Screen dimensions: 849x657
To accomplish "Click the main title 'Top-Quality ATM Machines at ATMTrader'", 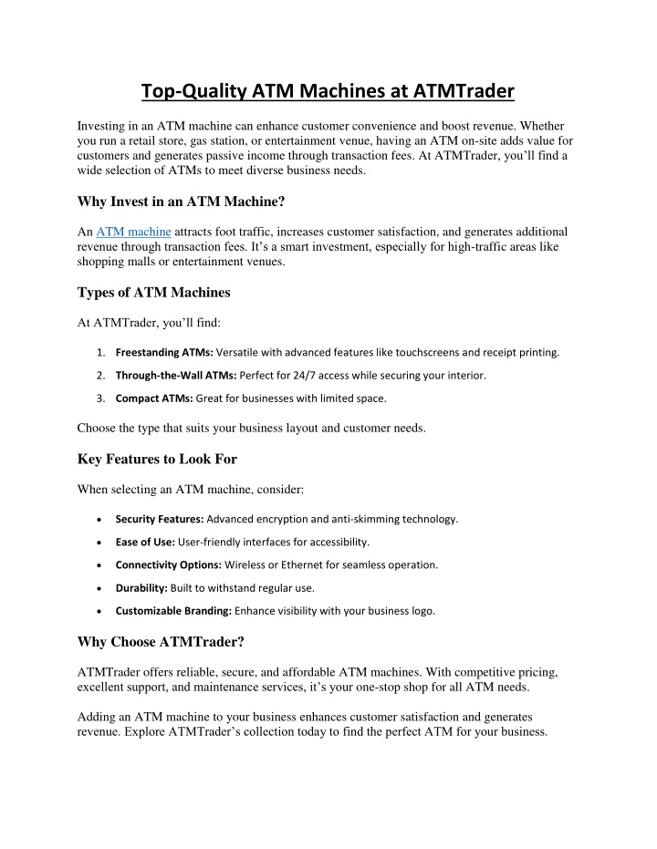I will tap(328, 90).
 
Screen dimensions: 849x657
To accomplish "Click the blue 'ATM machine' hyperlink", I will tap(133, 233).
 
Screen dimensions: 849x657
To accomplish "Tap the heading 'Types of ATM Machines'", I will tap(154, 292).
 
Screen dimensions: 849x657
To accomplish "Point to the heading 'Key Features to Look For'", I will tap(157, 459).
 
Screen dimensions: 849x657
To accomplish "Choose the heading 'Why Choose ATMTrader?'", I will tap(162, 642).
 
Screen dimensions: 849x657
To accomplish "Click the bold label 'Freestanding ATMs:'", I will tap(164, 352).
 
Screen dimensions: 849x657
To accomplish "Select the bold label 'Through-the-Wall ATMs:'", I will tap(176, 375).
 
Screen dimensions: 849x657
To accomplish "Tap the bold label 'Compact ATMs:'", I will tap(154, 398).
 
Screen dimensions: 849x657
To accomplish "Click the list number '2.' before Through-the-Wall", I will tap(100, 375).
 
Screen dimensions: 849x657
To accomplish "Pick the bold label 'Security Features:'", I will tap(160, 519).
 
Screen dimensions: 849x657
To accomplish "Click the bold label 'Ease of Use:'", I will tap(145, 542).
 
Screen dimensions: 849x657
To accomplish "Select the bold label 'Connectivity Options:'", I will tap(168, 564).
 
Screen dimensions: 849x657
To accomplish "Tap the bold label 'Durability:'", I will tap(141, 588).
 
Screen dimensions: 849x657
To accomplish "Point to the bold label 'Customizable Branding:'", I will tap(172, 611).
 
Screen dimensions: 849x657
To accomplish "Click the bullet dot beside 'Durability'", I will tap(98, 588).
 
